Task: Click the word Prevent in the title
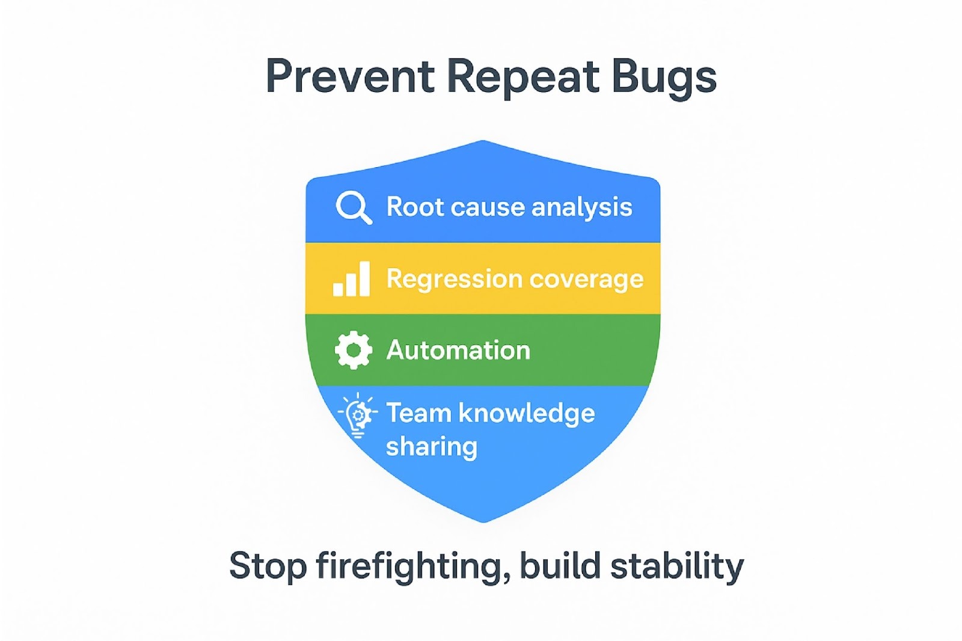click(x=350, y=77)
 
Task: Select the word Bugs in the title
click(x=664, y=77)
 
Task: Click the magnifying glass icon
click(x=353, y=207)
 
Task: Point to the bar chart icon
click(x=352, y=279)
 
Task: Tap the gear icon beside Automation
click(x=354, y=350)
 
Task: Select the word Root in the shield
click(x=414, y=207)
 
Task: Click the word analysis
click(x=581, y=207)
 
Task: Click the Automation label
click(x=458, y=350)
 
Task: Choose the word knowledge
click(x=526, y=413)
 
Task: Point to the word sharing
click(x=431, y=447)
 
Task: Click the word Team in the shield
click(x=418, y=413)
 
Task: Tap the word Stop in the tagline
click(x=268, y=566)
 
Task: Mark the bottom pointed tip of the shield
click(x=483, y=520)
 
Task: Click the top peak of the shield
click(x=483, y=143)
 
